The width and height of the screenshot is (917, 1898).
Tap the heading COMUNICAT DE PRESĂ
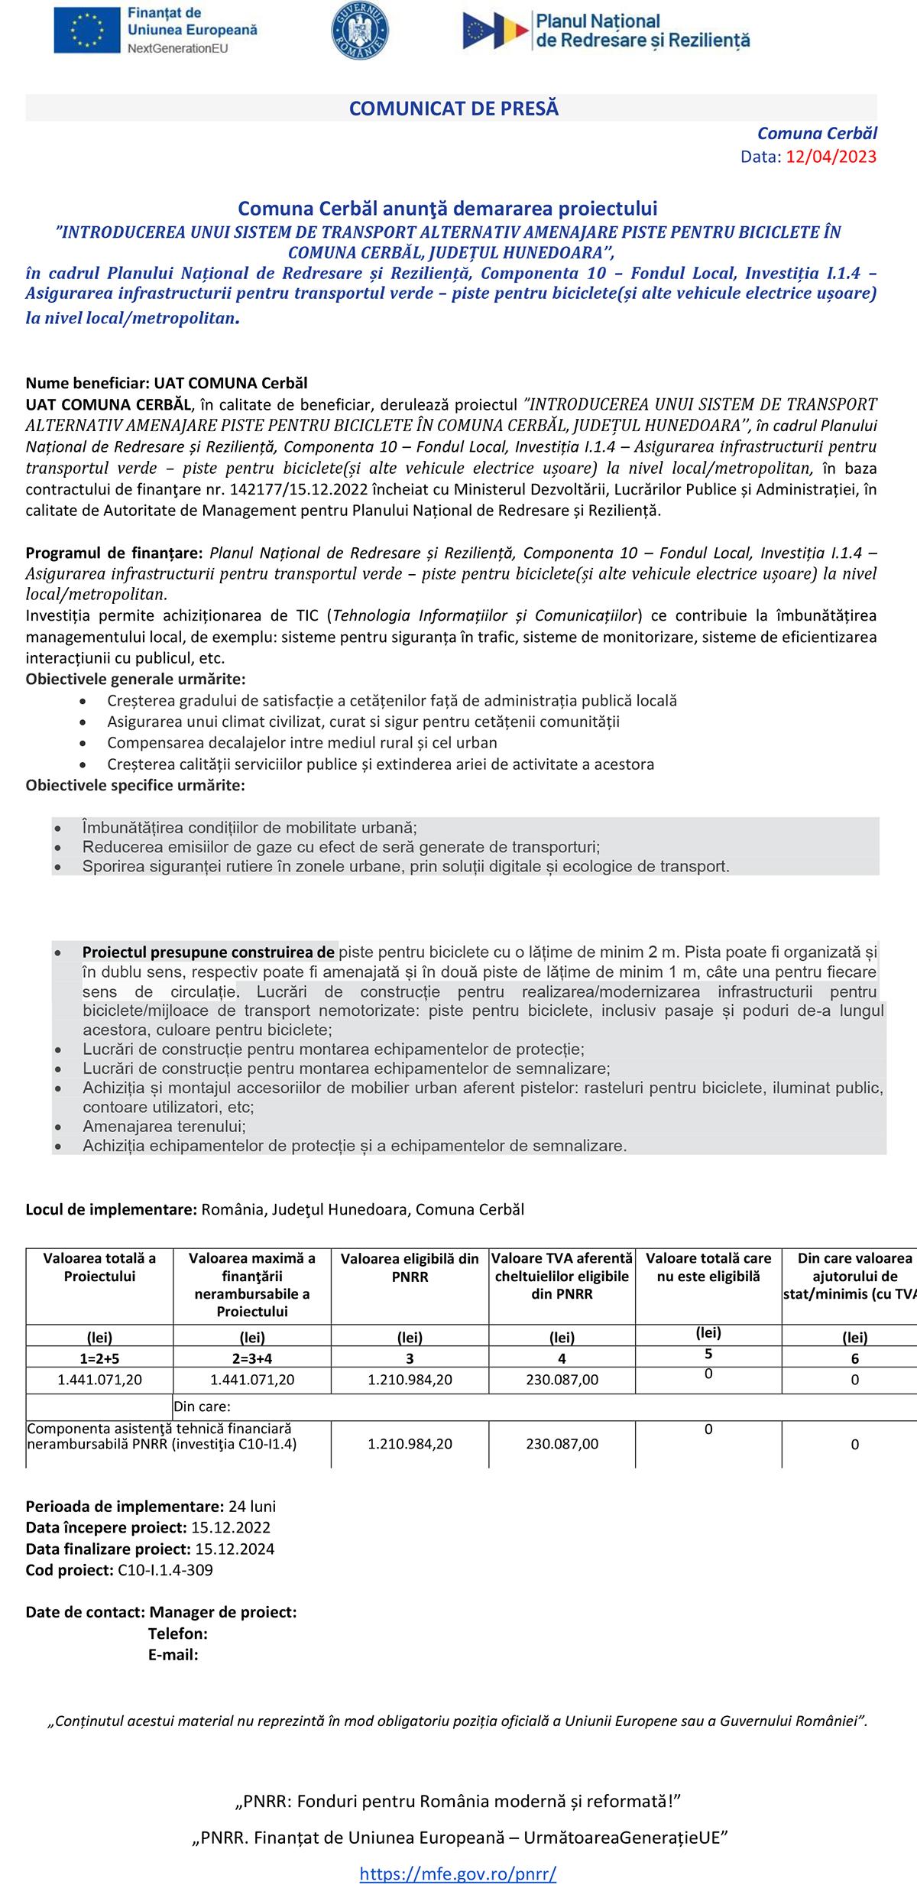tap(454, 109)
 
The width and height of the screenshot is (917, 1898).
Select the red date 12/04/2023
tap(831, 157)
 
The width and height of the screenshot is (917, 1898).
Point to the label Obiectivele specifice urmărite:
tap(135, 785)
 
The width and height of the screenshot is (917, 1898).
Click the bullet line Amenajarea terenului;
tap(164, 1126)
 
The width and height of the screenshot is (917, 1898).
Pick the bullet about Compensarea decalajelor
tap(302, 742)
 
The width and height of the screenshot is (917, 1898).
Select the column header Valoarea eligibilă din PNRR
tap(410, 1267)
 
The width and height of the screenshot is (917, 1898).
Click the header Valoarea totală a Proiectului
tap(99, 1267)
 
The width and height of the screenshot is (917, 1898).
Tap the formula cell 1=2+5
tap(99, 1358)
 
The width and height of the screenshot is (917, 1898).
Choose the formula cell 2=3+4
tap(252, 1358)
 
